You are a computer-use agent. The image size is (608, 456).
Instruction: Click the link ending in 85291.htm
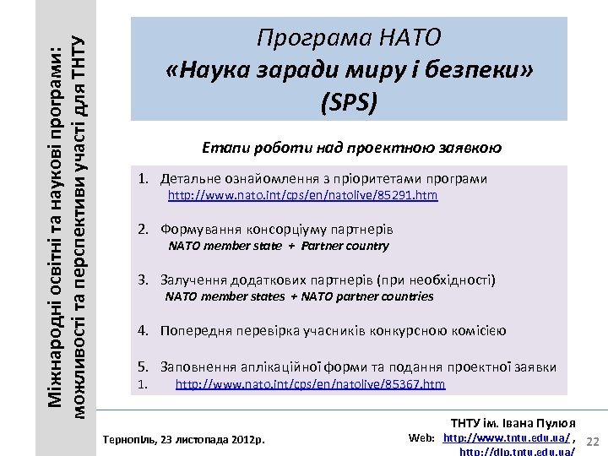pos(303,195)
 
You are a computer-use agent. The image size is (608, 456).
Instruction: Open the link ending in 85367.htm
pos(310,384)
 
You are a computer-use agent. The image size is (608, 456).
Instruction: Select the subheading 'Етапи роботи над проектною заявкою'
pos(352,147)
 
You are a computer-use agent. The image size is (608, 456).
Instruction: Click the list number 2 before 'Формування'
pos(144,229)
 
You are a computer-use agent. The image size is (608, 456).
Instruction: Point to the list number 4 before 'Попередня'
pos(144,330)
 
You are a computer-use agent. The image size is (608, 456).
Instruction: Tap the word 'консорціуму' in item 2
pos(286,229)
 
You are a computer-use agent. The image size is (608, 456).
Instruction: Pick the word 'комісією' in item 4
pos(478,330)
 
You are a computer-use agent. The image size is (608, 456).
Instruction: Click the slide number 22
pos(593,442)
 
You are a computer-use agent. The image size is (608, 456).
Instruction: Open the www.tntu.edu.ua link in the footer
pos(511,437)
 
